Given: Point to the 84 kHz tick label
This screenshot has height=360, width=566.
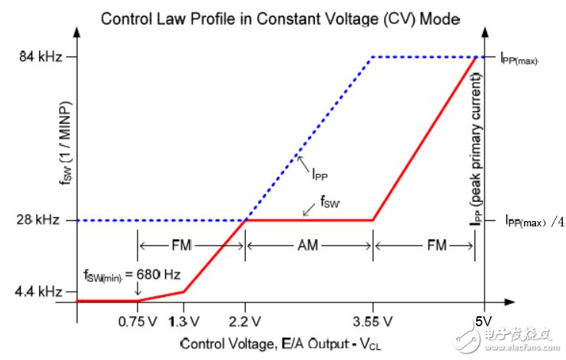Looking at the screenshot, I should [x=38, y=56].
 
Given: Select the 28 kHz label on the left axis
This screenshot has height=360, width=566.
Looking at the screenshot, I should [x=38, y=220].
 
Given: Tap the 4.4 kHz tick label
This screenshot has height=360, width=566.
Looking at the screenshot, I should [x=37, y=291].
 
